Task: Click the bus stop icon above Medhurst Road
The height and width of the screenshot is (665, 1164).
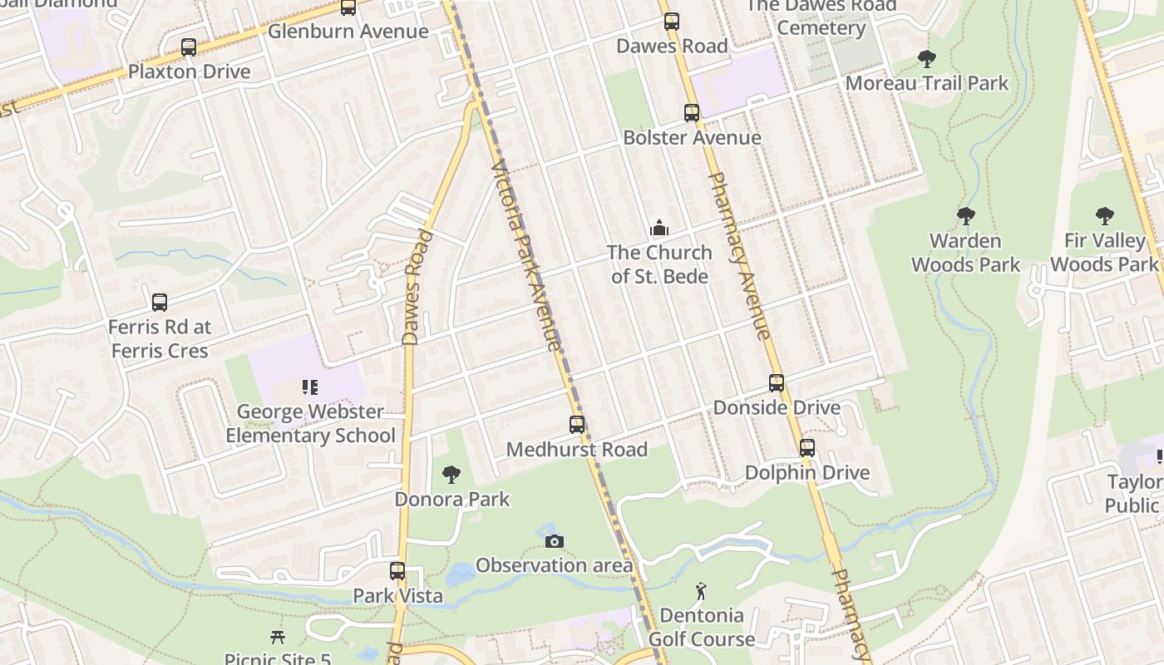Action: point(577,425)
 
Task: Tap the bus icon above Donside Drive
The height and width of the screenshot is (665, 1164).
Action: point(777,383)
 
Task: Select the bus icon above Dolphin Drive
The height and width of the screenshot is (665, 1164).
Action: point(806,448)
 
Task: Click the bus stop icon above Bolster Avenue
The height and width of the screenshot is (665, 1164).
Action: point(692,113)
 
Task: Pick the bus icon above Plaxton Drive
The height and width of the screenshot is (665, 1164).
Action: point(189,47)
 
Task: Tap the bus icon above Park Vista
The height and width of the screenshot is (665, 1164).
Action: point(397,571)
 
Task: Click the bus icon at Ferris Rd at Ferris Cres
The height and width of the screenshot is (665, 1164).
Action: point(160,303)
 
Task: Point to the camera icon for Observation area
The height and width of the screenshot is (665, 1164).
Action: point(554,541)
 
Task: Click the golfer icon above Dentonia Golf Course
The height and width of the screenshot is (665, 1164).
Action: point(701,592)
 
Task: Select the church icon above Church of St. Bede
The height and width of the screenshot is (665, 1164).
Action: point(659,228)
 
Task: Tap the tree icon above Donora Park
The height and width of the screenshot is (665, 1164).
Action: point(451,475)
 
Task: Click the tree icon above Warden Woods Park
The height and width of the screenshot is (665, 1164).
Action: point(965,216)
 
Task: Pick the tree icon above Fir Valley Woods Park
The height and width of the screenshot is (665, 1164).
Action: point(1104,216)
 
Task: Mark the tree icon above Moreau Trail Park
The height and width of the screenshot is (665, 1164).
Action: point(926,59)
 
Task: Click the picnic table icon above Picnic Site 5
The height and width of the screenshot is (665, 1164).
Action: point(278,638)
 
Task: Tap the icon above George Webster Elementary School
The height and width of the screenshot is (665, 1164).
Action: point(310,387)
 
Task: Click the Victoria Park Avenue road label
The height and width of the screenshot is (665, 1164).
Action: point(526,254)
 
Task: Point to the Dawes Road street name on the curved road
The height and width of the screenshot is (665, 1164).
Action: point(417,288)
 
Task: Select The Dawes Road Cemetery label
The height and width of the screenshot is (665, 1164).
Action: point(821,17)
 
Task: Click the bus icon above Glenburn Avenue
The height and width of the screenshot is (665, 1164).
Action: point(348,7)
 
